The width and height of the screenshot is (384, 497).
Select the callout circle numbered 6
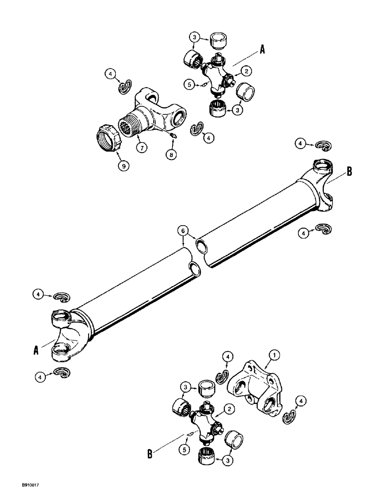click(183, 231)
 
